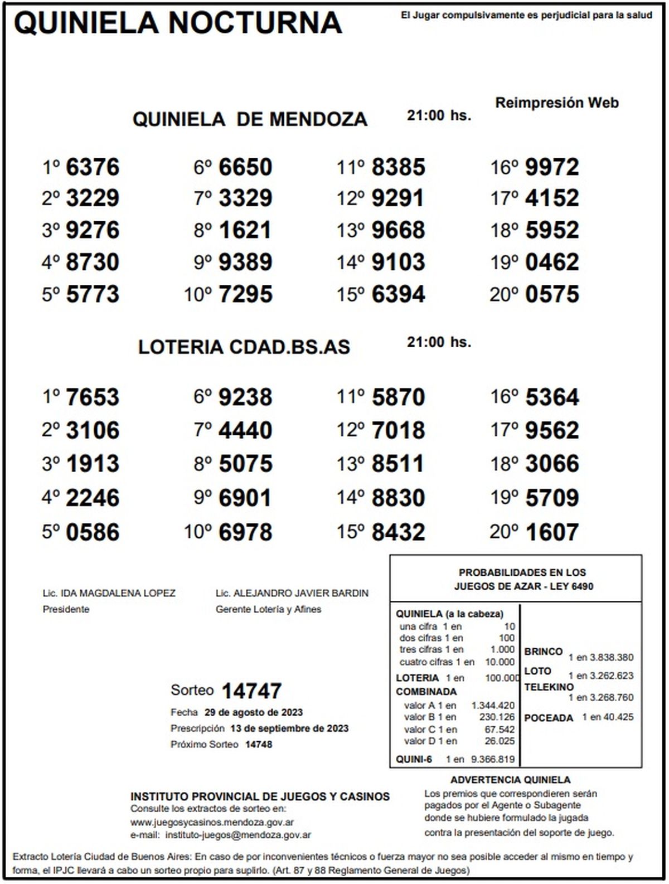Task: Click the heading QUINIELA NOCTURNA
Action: click(178, 23)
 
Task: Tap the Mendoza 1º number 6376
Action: click(93, 167)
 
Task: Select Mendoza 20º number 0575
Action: click(552, 294)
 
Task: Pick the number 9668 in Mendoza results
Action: click(398, 230)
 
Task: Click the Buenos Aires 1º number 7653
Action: click(93, 397)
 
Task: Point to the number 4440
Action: click(245, 430)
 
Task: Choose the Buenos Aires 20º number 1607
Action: click(552, 532)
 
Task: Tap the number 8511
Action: click(398, 464)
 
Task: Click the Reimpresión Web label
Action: click(557, 103)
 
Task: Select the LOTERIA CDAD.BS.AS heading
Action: click(244, 347)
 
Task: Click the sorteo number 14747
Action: click(252, 691)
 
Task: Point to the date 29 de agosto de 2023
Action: click(254, 712)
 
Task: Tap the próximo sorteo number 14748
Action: click(259, 744)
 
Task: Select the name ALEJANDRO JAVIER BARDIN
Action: click(301, 593)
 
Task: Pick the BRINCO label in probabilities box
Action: click(543, 652)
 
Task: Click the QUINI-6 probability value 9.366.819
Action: click(493, 759)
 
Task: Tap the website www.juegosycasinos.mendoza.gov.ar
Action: click(212, 822)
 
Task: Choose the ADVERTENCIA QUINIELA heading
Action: click(510, 780)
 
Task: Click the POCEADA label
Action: click(549, 718)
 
